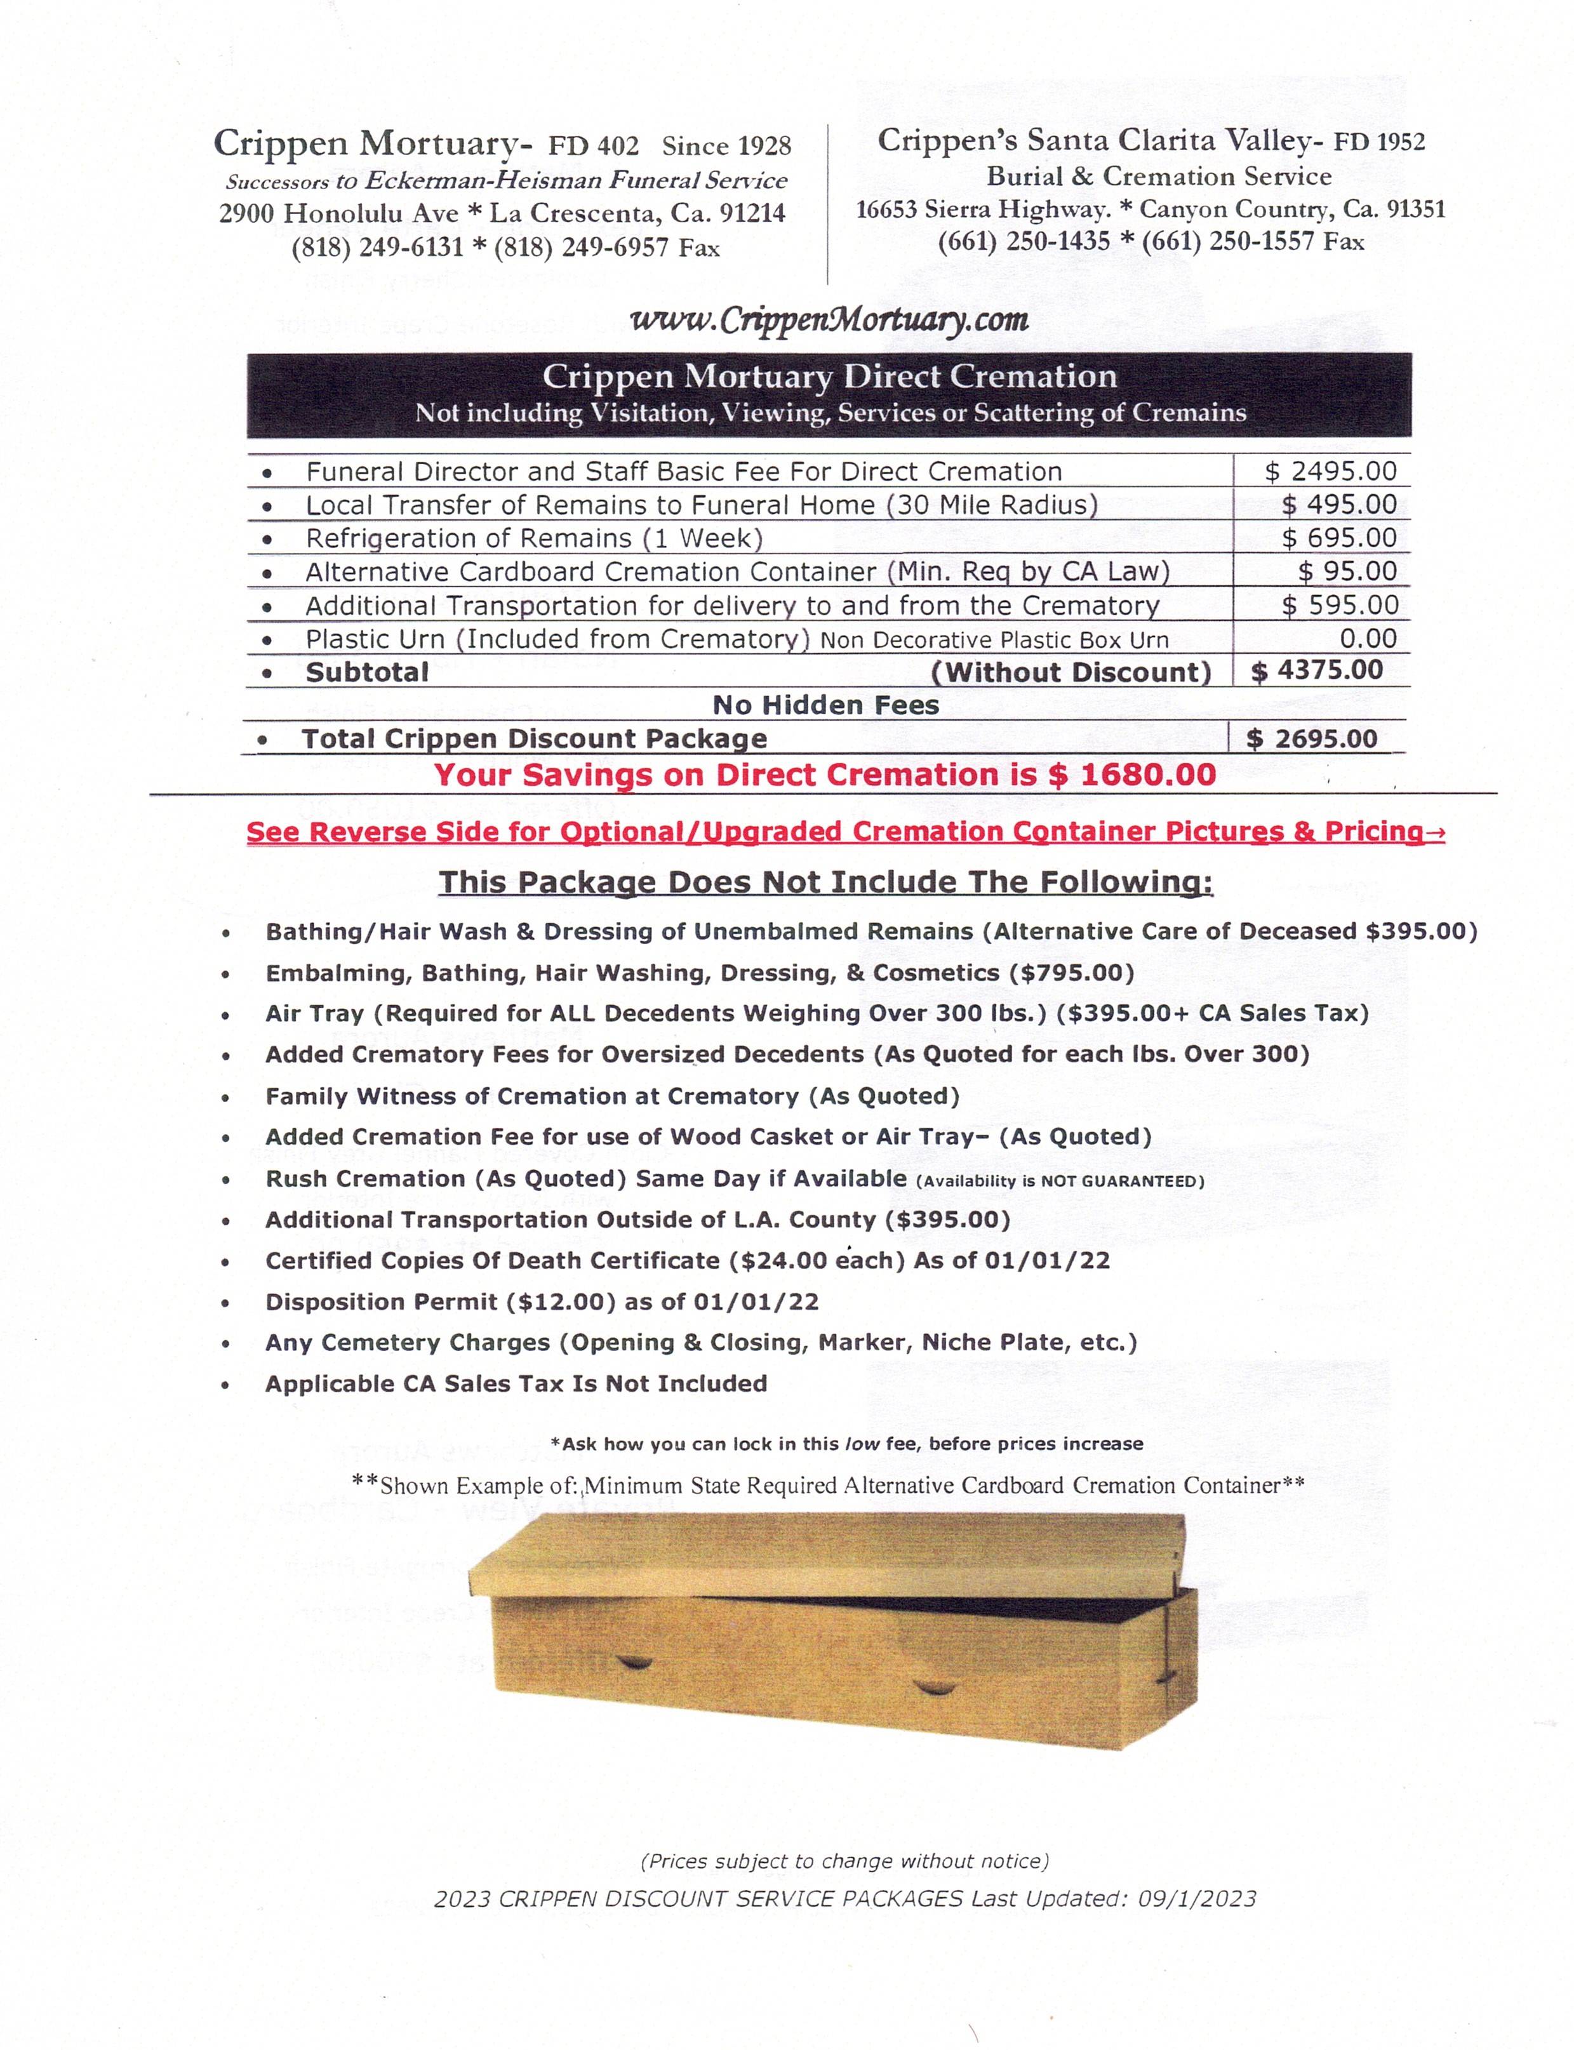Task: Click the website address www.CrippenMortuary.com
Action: click(830, 321)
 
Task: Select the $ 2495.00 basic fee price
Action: click(1330, 471)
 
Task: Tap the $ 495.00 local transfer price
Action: click(1339, 505)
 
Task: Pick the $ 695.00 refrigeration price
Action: click(1339, 538)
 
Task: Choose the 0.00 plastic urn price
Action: click(1368, 639)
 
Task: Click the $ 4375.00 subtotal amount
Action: click(1317, 671)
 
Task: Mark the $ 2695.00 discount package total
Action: click(1312, 738)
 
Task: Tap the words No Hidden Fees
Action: click(825, 705)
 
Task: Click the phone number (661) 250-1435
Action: click(1024, 241)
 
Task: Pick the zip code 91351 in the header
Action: click(1416, 209)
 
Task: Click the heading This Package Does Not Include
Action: click(825, 882)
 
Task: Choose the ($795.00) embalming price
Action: click(1071, 973)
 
